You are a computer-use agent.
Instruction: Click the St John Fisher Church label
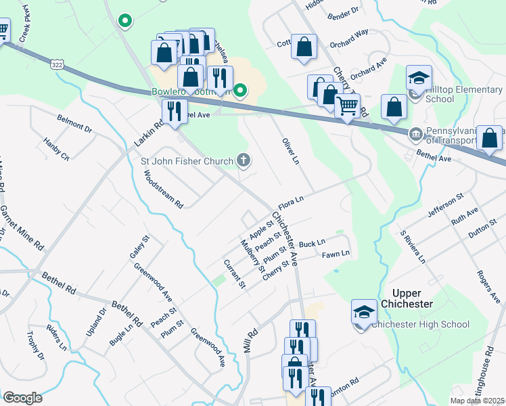tap(187, 161)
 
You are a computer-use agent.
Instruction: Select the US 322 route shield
tap(56, 64)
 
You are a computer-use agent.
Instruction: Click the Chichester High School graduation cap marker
tap(364, 313)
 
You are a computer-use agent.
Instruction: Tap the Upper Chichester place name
tap(413, 304)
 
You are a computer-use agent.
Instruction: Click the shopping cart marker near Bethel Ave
tap(347, 106)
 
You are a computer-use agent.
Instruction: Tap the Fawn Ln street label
tap(336, 254)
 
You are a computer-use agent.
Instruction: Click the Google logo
tap(22, 398)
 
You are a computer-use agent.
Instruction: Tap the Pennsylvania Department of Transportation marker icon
tap(415, 133)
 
